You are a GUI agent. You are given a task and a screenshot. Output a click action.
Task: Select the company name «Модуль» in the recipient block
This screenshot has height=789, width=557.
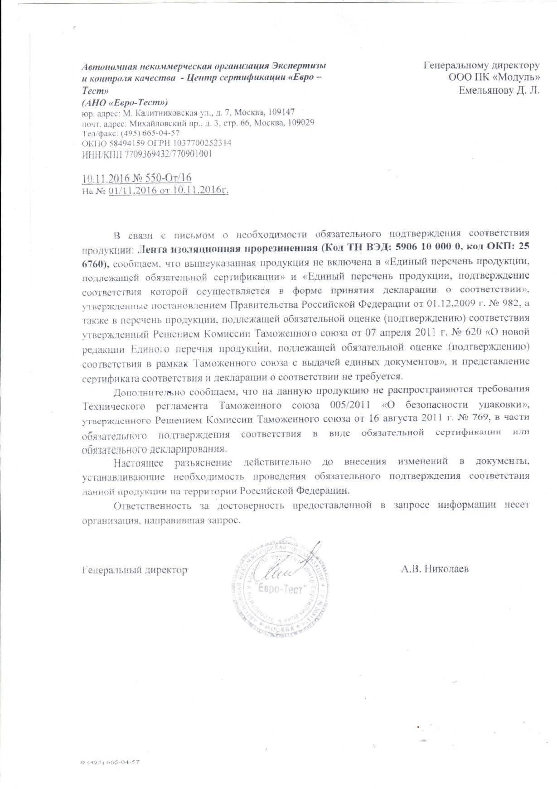[x=518, y=78]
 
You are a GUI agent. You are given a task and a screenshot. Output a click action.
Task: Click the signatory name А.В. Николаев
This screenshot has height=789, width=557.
[x=434, y=569]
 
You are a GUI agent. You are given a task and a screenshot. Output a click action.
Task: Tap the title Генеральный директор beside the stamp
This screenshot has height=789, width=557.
[x=135, y=570]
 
